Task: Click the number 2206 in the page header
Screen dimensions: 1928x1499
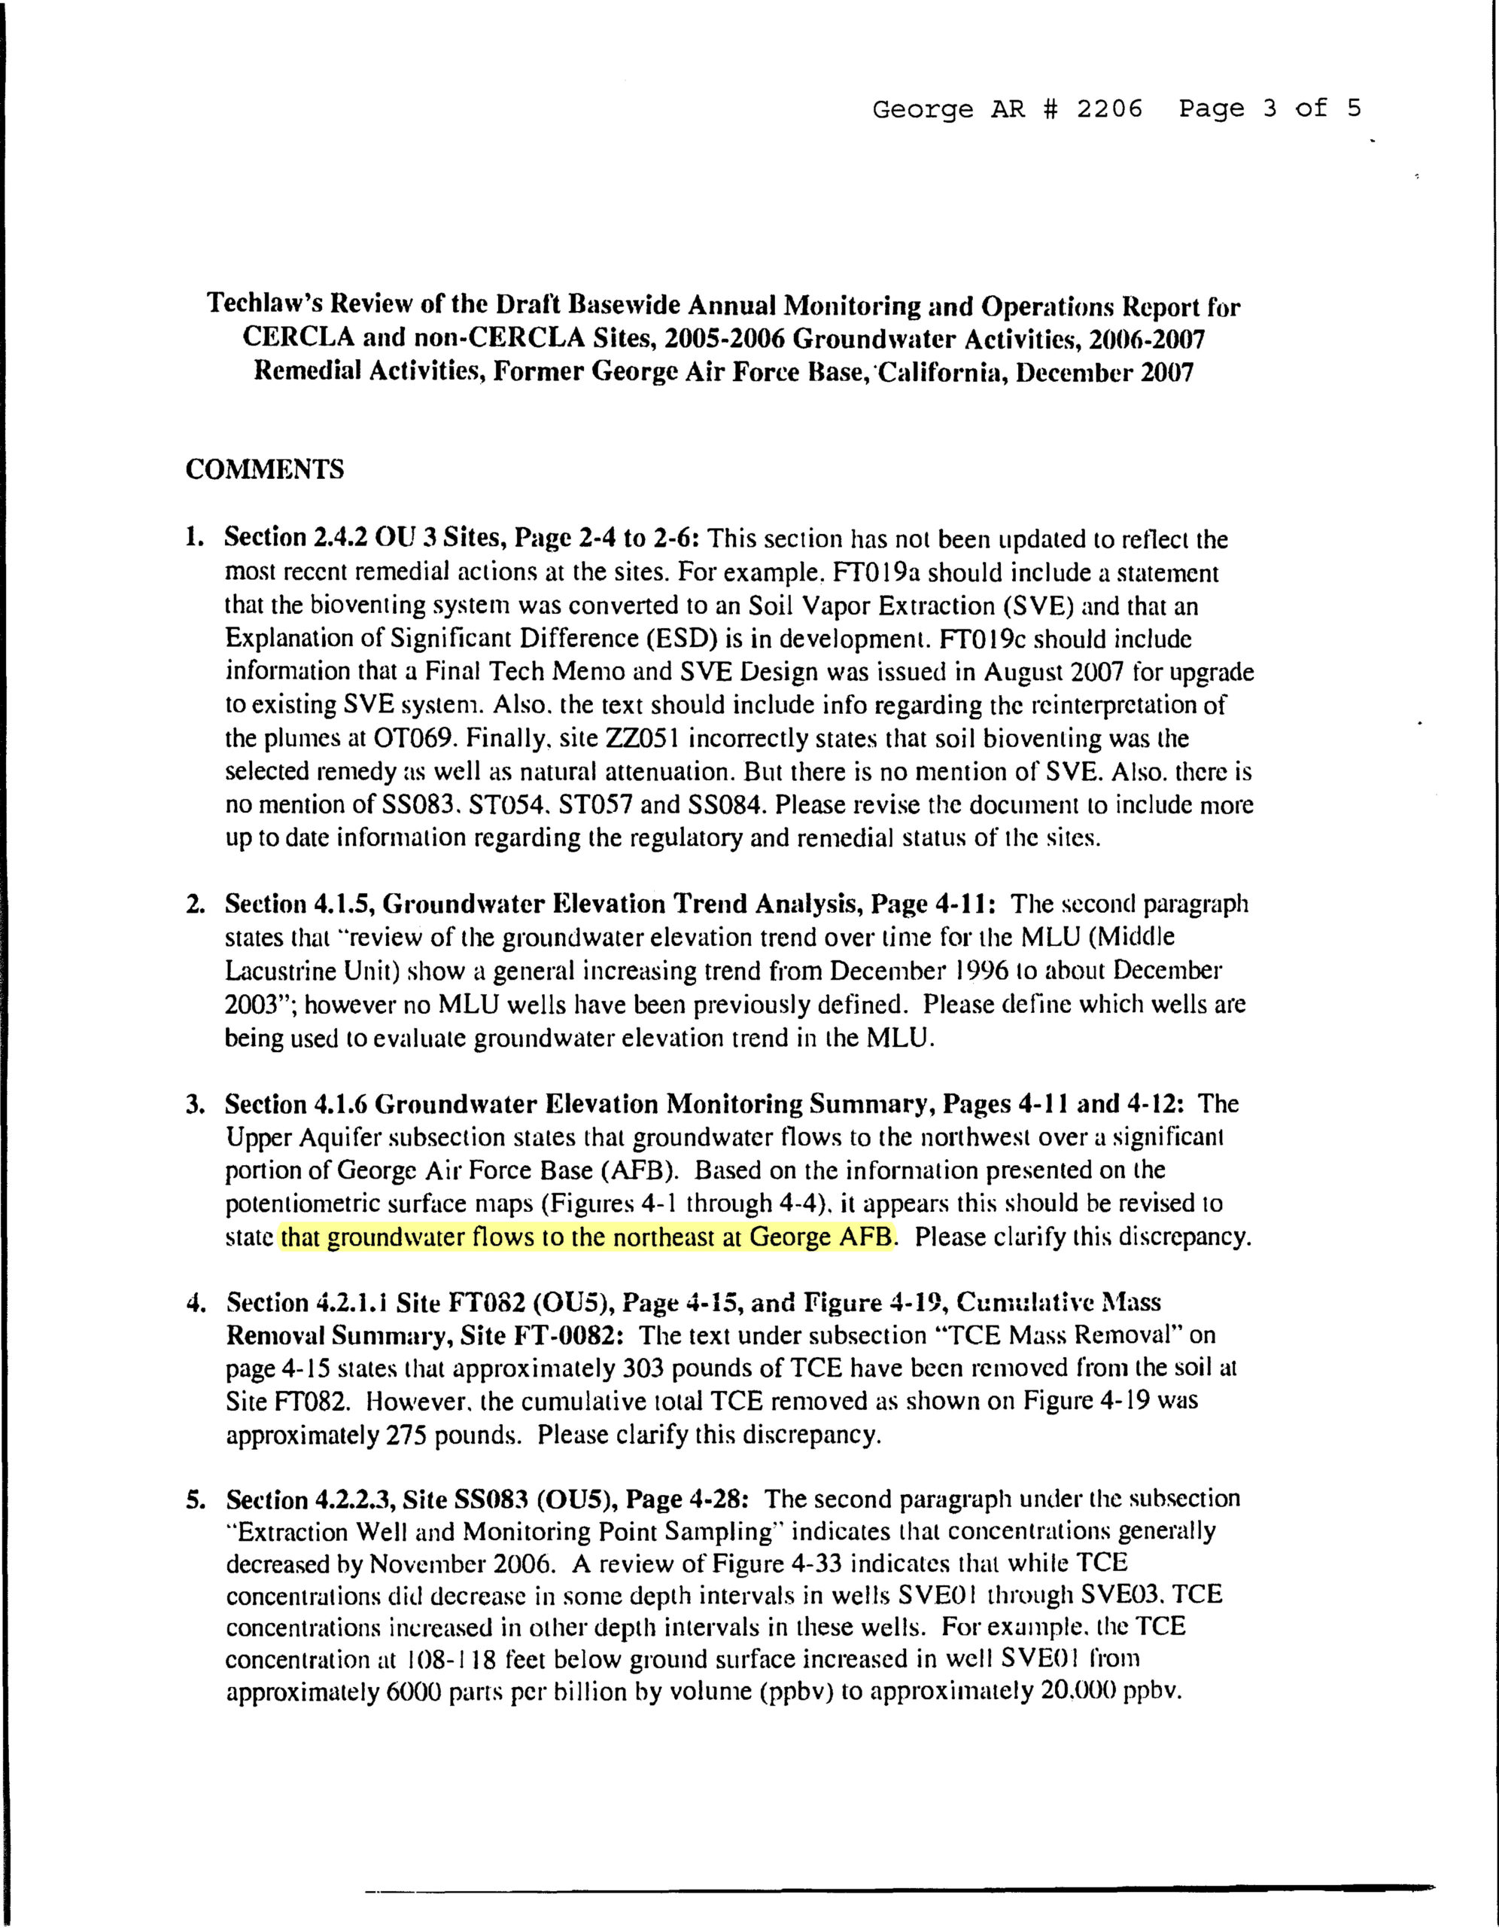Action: [1108, 108]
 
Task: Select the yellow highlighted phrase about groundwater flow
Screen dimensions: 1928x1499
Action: [586, 1237]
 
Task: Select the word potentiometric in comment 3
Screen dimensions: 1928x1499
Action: [296, 1204]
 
